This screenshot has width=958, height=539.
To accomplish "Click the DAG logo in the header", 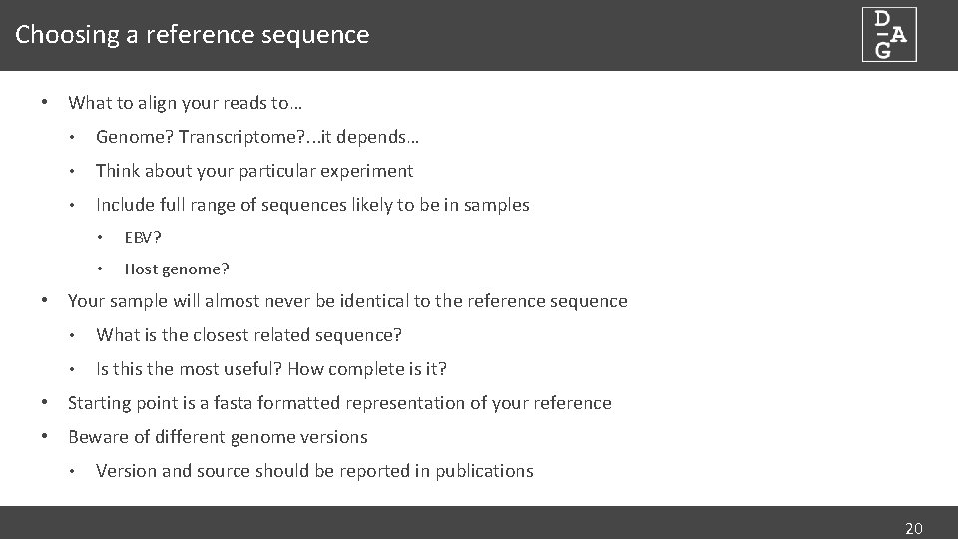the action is coord(889,35).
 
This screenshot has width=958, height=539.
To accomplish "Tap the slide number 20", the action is coord(913,528).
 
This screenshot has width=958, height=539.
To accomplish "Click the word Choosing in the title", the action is coord(54,35).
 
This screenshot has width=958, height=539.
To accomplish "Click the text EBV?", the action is coord(143,238).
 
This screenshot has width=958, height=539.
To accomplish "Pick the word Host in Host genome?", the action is coord(141,269).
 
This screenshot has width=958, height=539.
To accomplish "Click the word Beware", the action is coord(96,437).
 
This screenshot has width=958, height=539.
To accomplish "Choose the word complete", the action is coord(373,369).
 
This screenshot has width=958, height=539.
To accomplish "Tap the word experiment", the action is coord(368,171).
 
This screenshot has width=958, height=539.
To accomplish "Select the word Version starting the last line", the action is coord(125,471).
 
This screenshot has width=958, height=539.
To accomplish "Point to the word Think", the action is coord(118,171).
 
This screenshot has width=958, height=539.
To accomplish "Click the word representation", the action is coord(411,403).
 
